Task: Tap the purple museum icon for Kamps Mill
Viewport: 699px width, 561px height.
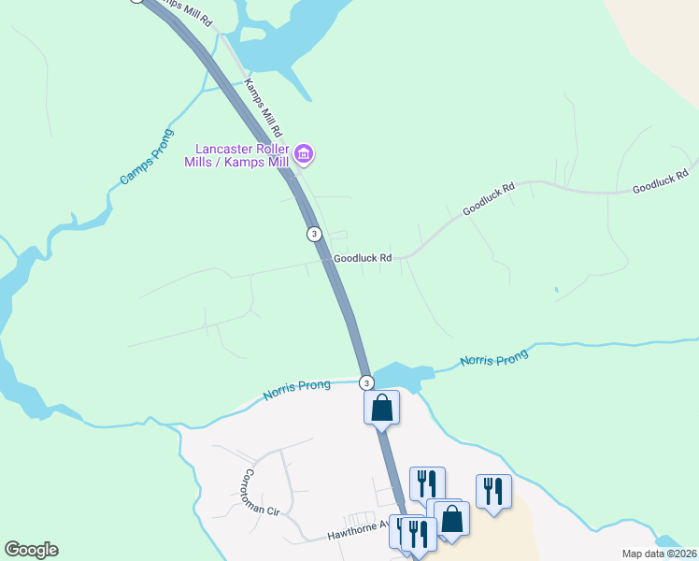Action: click(x=303, y=153)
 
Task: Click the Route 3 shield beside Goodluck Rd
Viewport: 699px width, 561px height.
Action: click(x=314, y=233)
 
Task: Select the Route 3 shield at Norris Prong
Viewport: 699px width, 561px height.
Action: click(x=366, y=382)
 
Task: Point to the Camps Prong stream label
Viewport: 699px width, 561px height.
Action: click(x=141, y=165)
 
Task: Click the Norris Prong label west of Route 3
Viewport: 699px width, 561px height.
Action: click(x=296, y=390)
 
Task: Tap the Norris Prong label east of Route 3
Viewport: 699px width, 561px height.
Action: click(x=494, y=357)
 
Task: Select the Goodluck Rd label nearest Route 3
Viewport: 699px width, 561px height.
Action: click(x=362, y=257)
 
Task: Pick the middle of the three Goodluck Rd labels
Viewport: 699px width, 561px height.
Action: click(x=489, y=200)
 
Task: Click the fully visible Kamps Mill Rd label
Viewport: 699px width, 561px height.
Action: click(x=263, y=108)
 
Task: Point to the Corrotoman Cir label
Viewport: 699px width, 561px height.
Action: click(x=263, y=493)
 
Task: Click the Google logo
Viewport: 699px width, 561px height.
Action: click(x=31, y=550)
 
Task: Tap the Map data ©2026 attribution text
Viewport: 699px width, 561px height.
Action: click(x=660, y=554)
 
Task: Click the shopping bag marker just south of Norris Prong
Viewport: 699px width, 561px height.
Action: click(x=381, y=408)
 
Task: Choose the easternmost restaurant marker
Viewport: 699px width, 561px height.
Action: click(x=492, y=491)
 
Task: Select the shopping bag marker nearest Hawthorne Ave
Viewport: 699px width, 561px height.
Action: click(x=452, y=518)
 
